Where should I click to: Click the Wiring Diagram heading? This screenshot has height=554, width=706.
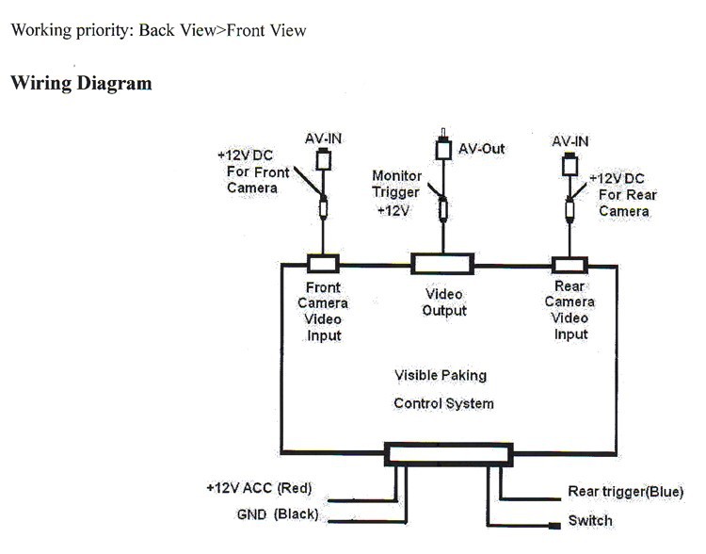click(x=81, y=83)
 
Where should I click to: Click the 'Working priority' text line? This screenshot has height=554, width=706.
click(x=158, y=30)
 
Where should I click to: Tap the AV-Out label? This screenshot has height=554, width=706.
click(x=481, y=150)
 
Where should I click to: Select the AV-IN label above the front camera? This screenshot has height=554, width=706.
click(x=323, y=138)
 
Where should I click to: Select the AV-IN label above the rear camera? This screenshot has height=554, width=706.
click(x=570, y=141)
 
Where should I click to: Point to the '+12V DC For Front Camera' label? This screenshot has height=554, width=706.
click(x=253, y=171)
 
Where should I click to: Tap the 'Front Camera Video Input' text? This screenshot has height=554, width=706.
click(x=323, y=311)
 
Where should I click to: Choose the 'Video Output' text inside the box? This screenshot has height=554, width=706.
click(x=444, y=301)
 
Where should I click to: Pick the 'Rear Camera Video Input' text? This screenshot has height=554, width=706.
click(x=570, y=310)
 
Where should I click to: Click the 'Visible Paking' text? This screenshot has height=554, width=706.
click(x=441, y=375)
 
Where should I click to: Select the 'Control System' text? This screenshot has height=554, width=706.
click(x=443, y=403)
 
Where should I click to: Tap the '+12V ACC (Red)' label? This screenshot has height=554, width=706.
click(x=259, y=488)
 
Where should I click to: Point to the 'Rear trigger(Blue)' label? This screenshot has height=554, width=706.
click(x=625, y=492)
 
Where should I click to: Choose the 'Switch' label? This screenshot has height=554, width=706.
click(x=590, y=520)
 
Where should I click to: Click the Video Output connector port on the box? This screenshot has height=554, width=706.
click(x=441, y=264)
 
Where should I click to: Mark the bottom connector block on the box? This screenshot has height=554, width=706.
click(x=449, y=455)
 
